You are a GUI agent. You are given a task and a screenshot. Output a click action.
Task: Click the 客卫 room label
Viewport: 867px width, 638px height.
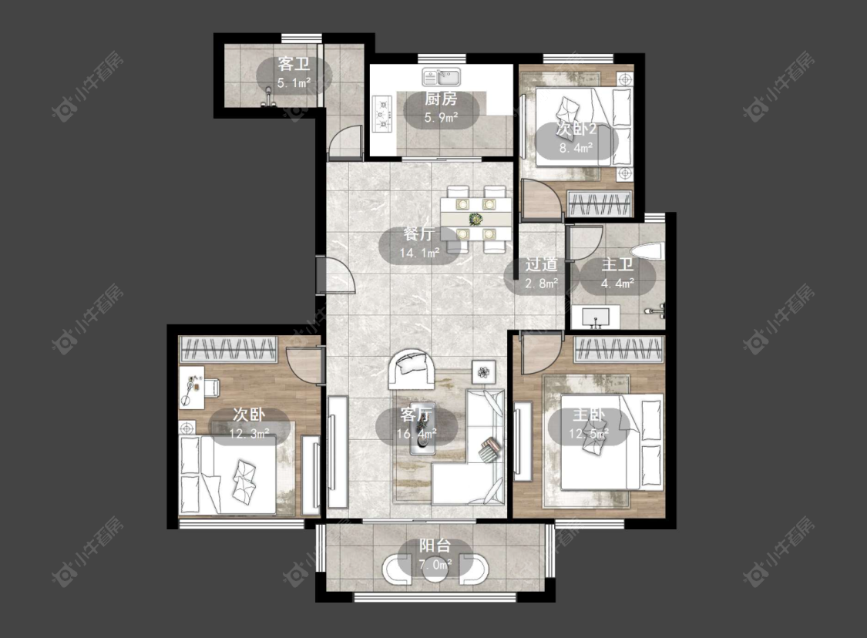click(x=294, y=64)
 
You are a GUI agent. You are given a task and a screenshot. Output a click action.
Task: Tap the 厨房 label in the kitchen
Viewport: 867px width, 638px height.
click(x=441, y=99)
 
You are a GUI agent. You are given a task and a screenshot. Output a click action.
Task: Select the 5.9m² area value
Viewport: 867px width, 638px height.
click(x=441, y=118)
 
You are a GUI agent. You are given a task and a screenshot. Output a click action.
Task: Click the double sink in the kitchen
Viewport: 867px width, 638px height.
click(x=442, y=76)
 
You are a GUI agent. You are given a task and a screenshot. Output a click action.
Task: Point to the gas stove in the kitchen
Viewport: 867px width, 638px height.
click(x=381, y=114)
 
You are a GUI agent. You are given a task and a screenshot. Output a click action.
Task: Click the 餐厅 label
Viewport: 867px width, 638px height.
click(x=418, y=234)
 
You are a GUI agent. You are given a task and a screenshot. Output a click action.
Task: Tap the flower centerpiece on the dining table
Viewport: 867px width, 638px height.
click(x=475, y=220)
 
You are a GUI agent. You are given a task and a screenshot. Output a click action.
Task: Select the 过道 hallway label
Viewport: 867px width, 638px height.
click(x=541, y=264)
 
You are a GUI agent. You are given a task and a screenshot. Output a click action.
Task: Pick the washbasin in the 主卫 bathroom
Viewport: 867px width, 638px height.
click(x=595, y=318)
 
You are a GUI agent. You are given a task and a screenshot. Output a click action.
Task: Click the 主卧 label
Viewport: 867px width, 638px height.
click(x=588, y=415)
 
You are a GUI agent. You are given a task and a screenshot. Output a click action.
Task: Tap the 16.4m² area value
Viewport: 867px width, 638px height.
click(x=416, y=434)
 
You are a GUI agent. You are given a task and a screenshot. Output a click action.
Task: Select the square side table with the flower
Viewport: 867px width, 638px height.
click(x=484, y=372)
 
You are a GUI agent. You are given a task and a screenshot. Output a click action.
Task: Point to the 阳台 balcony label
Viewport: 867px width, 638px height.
click(x=435, y=546)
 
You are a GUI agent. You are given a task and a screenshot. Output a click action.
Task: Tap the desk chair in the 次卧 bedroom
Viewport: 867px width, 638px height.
click(x=213, y=387)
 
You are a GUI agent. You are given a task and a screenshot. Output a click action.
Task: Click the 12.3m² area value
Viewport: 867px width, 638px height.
click(x=249, y=434)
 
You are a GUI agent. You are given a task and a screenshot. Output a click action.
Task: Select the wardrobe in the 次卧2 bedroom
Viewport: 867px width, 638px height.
click(x=600, y=203)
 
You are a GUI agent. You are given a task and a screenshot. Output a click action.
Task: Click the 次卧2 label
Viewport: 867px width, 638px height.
click(x=576, y=129)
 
